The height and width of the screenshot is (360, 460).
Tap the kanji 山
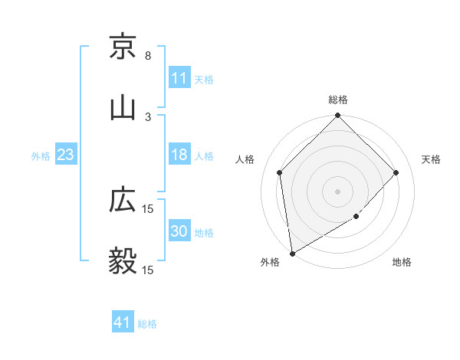[123, 108]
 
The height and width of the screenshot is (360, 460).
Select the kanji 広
[123, 201]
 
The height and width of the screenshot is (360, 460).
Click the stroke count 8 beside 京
[148, 56]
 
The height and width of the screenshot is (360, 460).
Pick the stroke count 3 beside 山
[148, 116]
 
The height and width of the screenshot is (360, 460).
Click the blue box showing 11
[179, 78]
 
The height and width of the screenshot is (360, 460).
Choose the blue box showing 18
[179, 155]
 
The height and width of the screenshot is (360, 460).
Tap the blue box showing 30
[179, 232]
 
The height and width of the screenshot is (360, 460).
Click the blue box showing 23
[66, 155]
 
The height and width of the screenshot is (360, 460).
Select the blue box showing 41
[123, 323]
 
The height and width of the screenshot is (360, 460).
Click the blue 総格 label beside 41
[147, 324]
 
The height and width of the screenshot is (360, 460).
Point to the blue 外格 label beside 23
[41, 155]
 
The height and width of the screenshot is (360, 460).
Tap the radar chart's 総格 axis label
[338, 100]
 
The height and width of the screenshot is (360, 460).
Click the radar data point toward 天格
[396, 172]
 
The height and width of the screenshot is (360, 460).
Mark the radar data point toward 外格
[292, 254]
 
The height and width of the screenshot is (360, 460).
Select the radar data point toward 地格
[356, 217]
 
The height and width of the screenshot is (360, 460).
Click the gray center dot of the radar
[338, 191]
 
